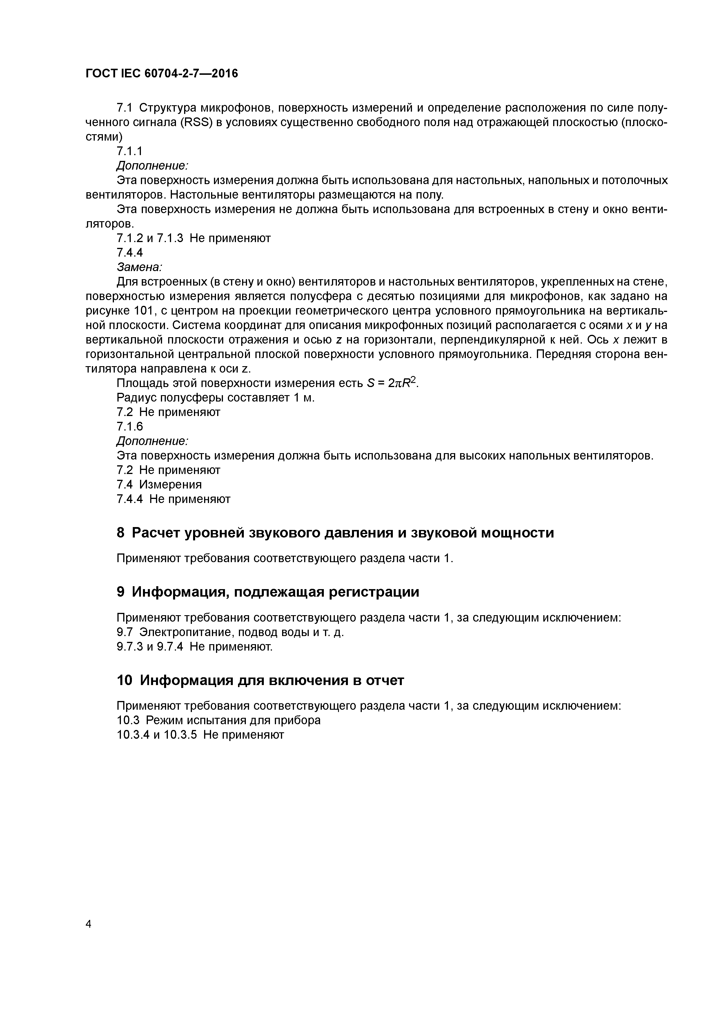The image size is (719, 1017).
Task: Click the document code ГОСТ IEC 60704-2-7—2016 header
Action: click(x=162, y=74)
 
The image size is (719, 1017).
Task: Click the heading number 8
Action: click(x=121, y=533)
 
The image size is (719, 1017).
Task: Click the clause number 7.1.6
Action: click(x=130, y=426)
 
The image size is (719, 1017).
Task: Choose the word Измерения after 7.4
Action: click(x=170, y=484)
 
